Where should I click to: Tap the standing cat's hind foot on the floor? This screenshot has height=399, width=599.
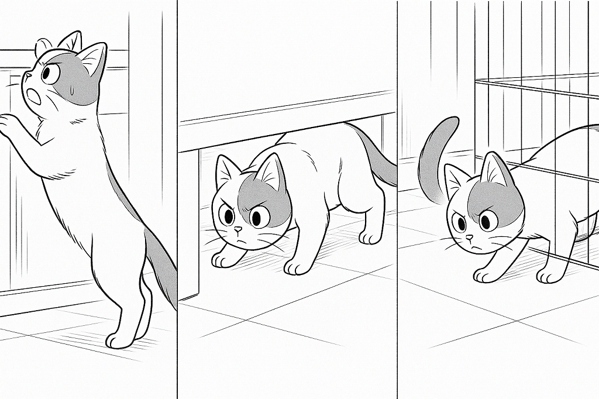(x=120, y=339)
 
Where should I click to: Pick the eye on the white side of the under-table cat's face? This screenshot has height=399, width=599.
(x=227, y=215)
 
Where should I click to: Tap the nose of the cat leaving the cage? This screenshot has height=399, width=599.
(x=470, y=238)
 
